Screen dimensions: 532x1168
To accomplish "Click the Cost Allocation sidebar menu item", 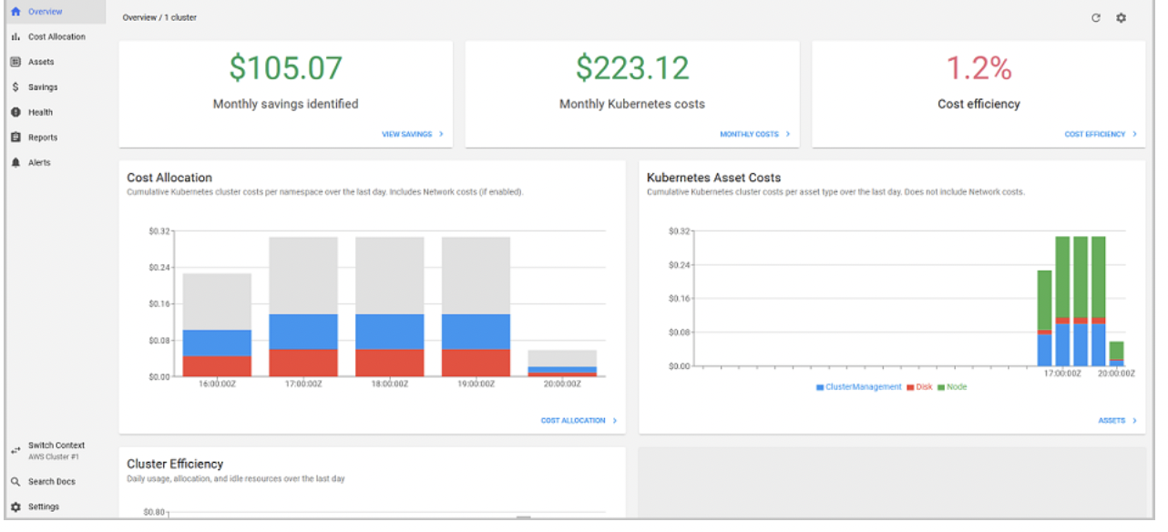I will (56, 37).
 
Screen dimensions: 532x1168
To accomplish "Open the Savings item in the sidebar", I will (42, 87).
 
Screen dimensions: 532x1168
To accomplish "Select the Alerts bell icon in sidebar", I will (15, 163).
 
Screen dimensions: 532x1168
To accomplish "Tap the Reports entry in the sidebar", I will (42, 138).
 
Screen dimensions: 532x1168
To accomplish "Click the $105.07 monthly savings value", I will (285, 68).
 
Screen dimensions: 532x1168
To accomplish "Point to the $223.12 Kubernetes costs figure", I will (631, 68).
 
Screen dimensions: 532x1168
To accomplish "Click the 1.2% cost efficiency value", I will (978, 68).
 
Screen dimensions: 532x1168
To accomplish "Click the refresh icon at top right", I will (1096, 18).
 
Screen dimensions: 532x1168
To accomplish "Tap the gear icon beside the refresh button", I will (1122, 18).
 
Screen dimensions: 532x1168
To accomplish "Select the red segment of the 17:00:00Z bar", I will (302, 363).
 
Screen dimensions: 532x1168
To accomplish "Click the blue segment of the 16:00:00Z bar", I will (217, 343).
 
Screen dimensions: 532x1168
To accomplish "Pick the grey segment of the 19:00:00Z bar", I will (476, 275).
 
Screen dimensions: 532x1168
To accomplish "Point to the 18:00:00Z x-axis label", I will (389, 384).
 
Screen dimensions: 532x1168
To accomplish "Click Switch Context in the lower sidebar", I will (56, 446).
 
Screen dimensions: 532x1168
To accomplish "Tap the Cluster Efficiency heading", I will (175, 465).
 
